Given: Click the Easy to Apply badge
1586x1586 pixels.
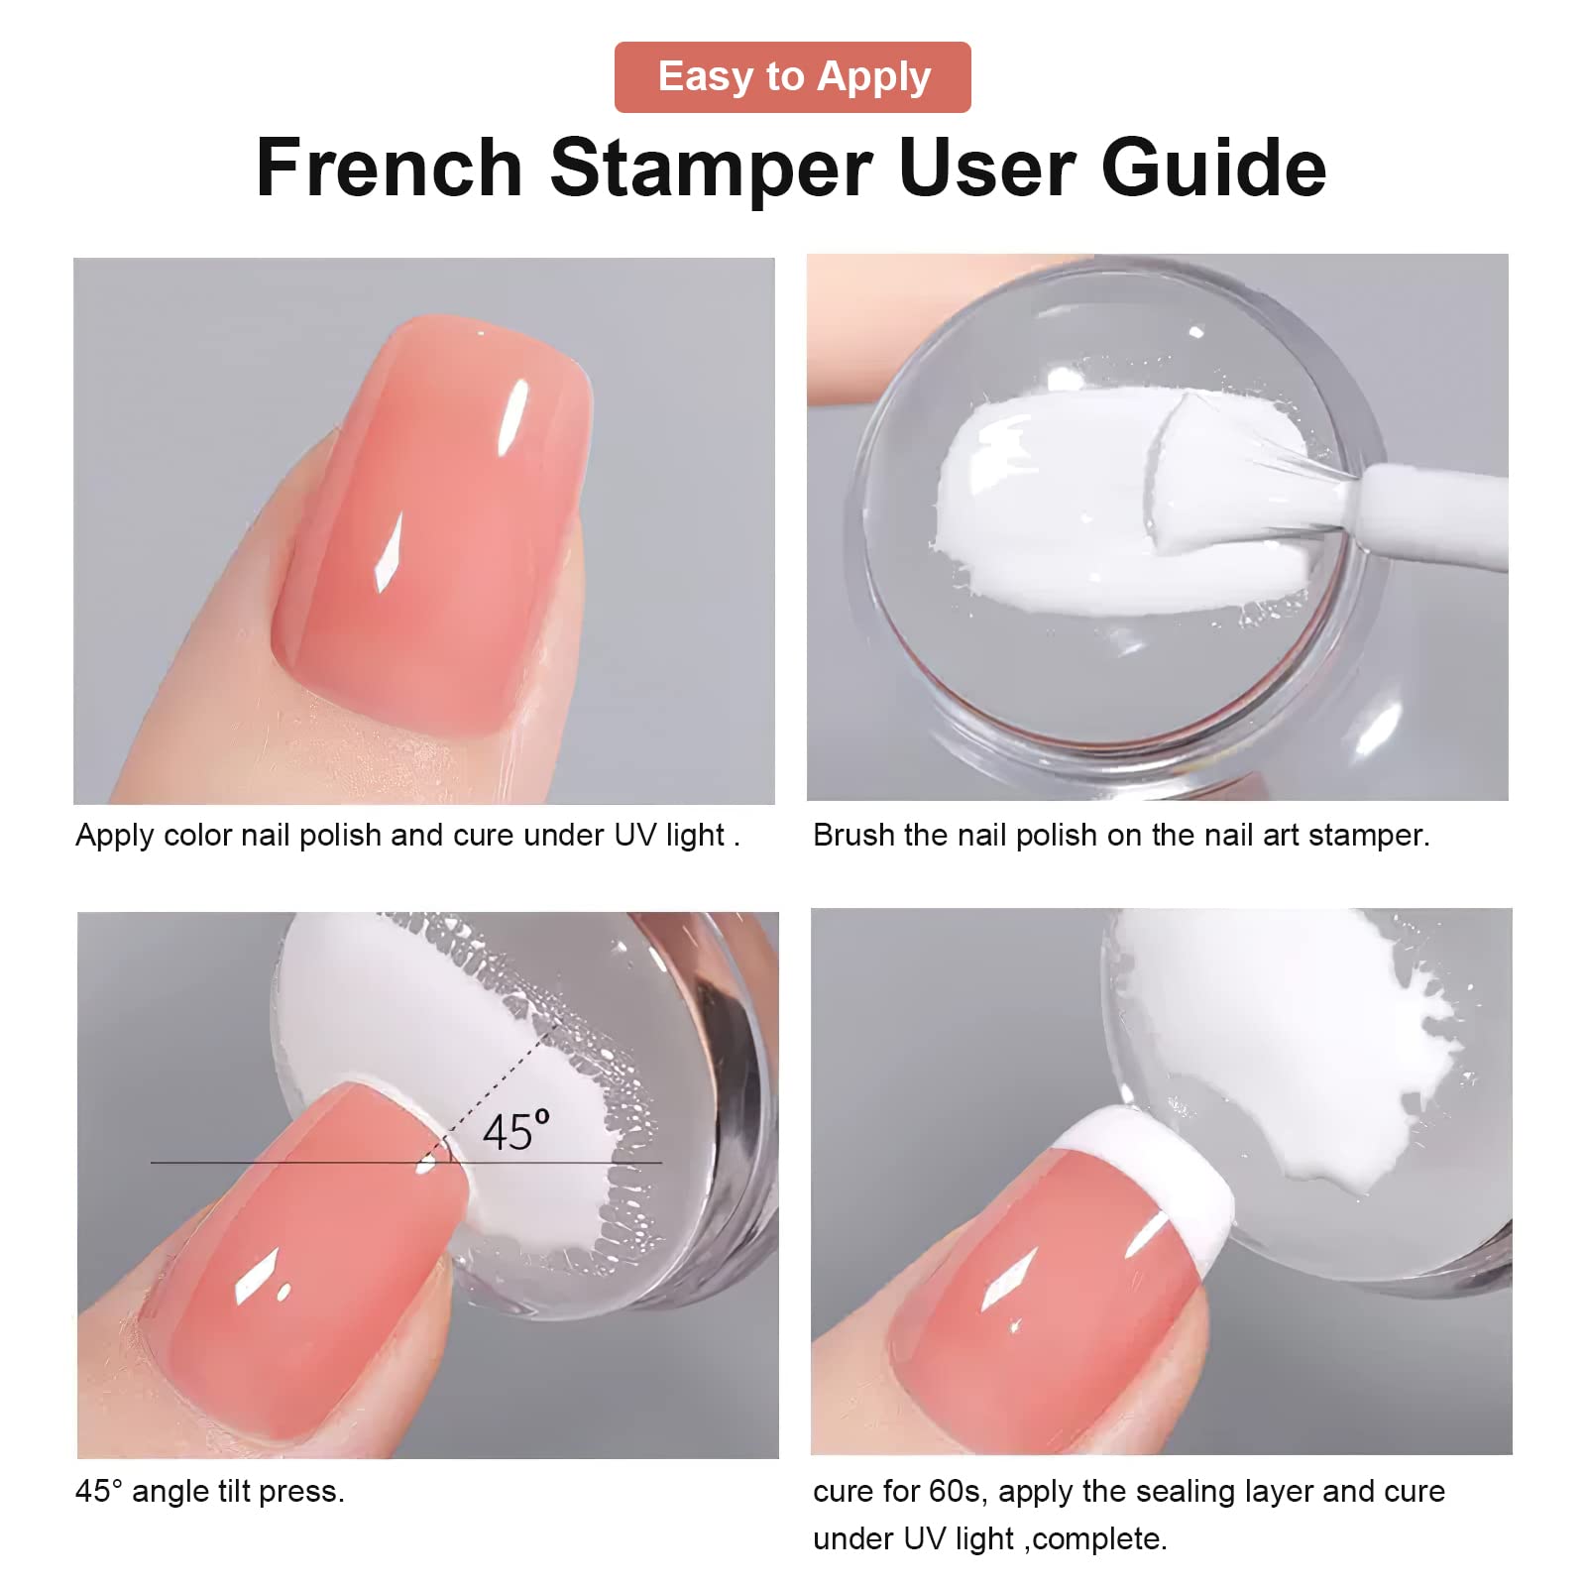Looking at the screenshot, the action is [x=793, y=77].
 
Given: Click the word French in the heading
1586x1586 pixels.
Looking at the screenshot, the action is [x=390, y=168].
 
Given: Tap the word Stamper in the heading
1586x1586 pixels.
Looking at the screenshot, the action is [x=712, y=170].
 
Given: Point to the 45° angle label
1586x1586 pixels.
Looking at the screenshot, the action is [x=515, y=1132].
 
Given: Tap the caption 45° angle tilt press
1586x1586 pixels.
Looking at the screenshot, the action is [x=210, y=1492].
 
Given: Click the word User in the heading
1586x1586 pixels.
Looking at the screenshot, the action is [x=987, y=168].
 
